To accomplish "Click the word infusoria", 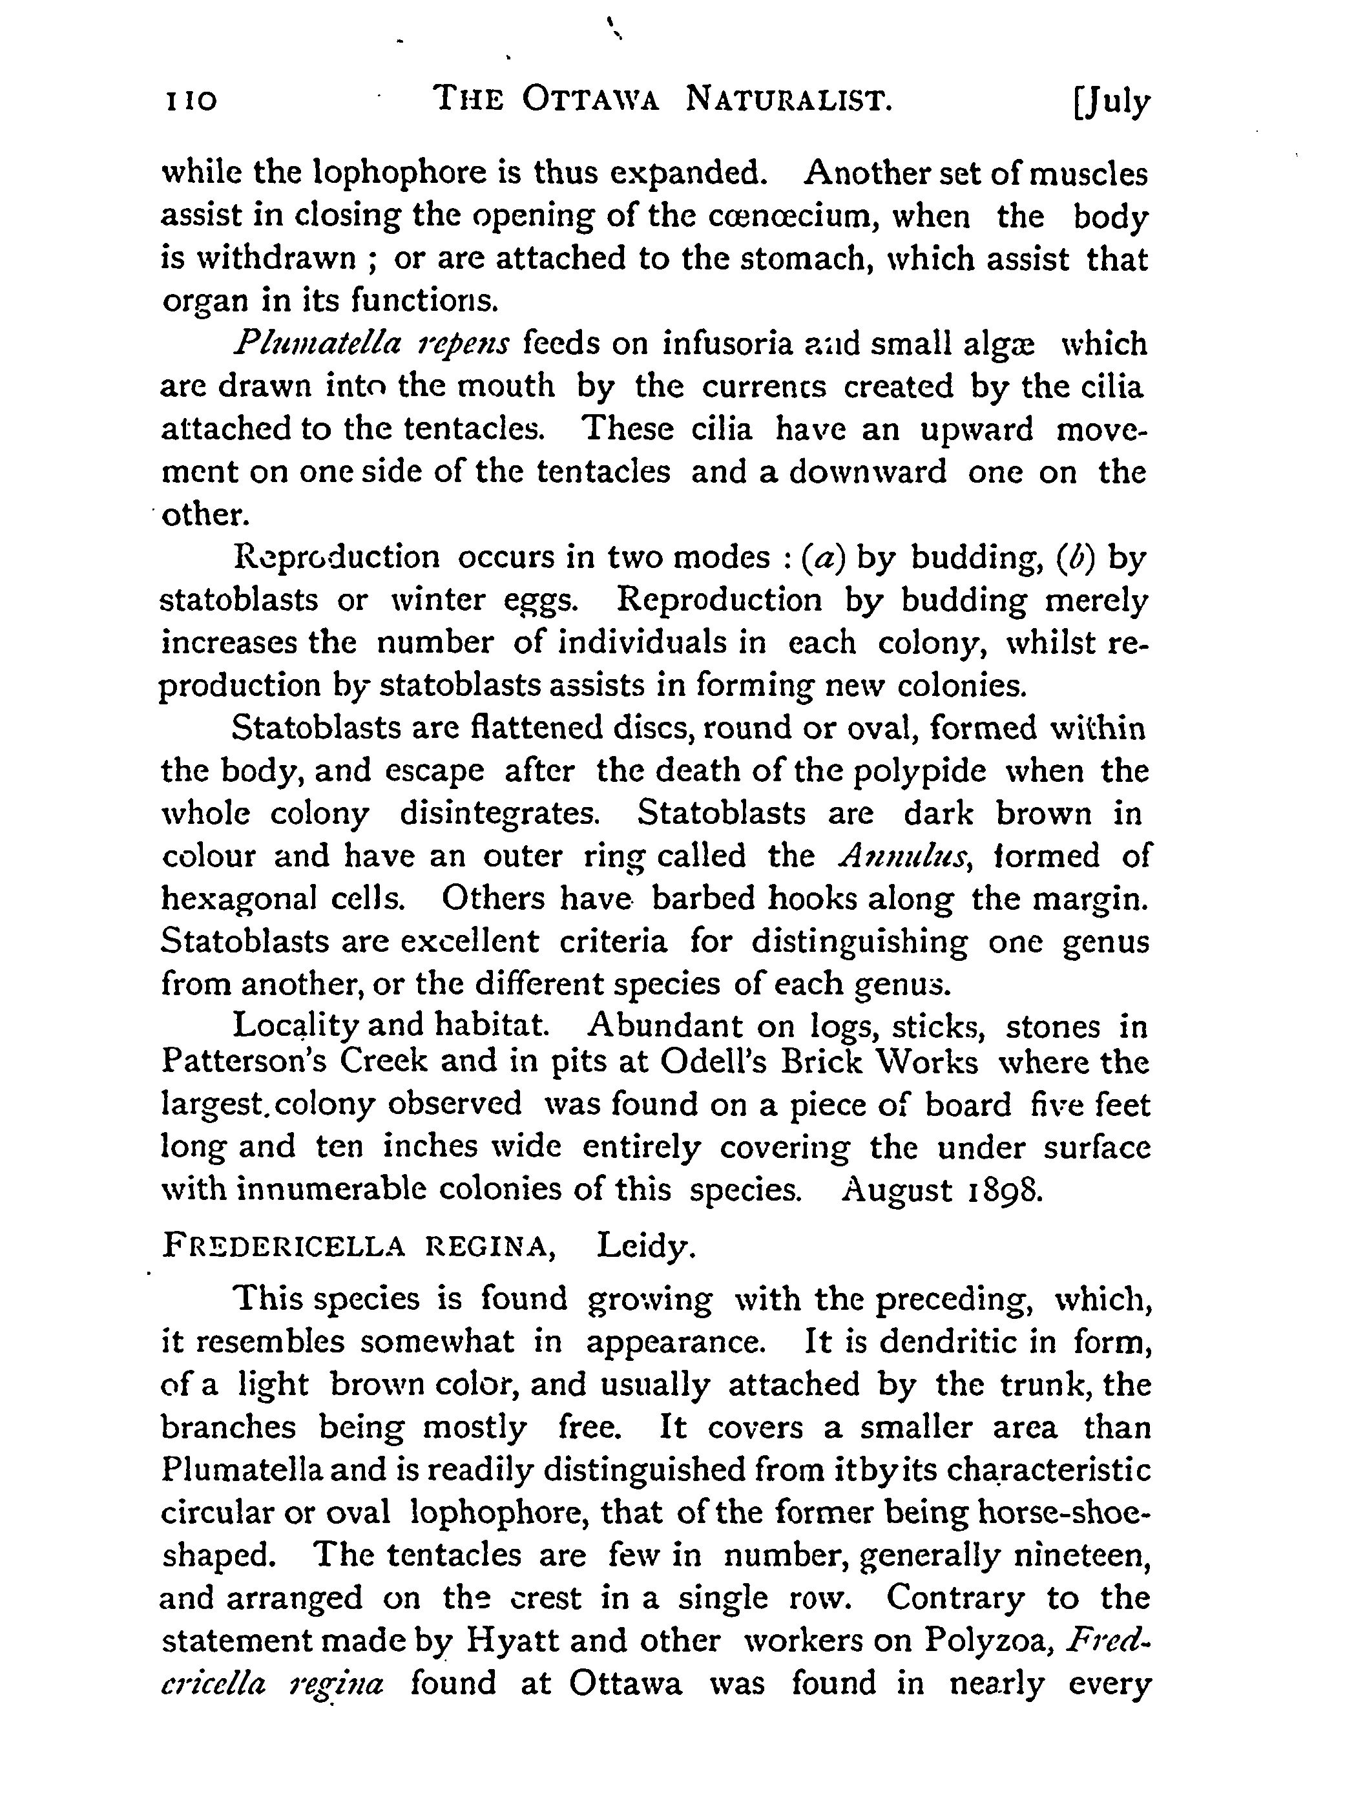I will [728, 344].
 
